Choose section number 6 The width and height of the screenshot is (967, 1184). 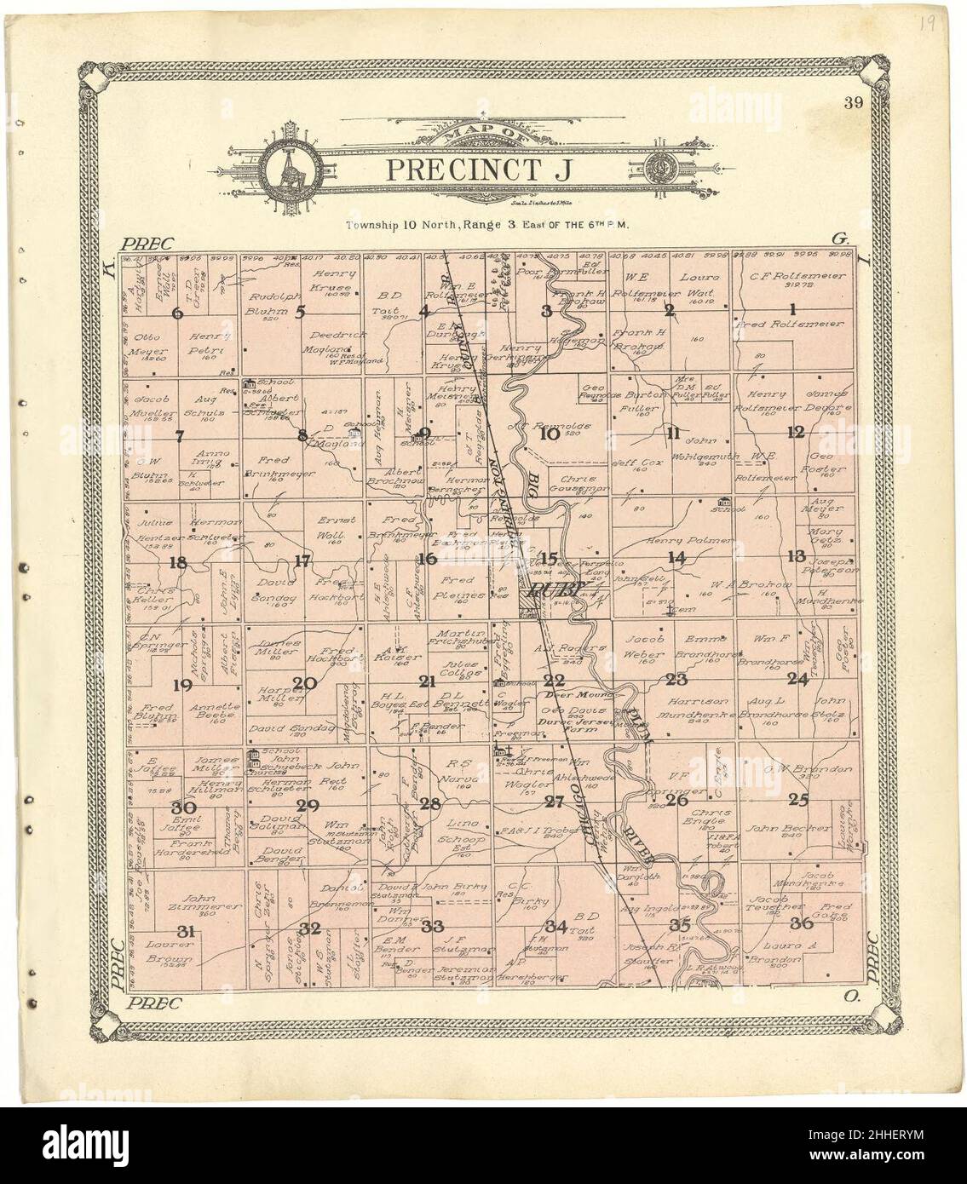click(177, 313)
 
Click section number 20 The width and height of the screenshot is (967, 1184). click(304, 682)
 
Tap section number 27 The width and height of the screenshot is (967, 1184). click(555, 801)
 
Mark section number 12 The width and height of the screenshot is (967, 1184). click(796, 432)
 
